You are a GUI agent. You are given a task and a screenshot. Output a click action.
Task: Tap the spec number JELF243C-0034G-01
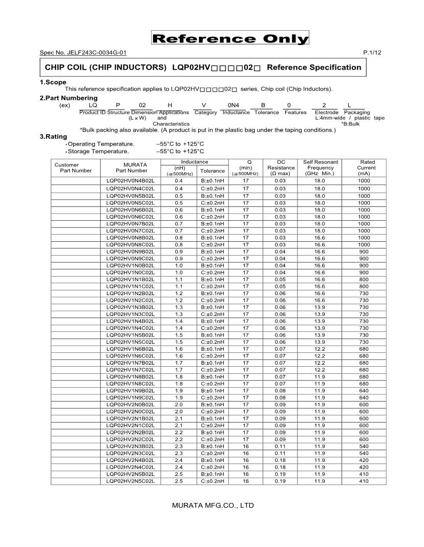coord(83,53)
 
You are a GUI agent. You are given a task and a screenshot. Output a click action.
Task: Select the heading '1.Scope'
coord(53,82)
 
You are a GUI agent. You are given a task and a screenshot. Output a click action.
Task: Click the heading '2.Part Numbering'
coord(69,98)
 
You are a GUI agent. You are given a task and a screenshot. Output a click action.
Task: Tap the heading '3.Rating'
coord(53,137)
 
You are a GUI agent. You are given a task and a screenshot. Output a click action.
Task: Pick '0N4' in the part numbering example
coord(234,105)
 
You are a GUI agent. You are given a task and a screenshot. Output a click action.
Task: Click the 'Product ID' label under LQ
coord(92,112)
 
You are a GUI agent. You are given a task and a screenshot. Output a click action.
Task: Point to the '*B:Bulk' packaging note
coord(351,124)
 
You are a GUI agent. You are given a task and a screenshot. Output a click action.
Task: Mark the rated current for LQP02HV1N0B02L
coord(364,265)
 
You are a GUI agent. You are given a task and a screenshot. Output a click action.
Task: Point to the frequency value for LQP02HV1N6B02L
coord(320,349)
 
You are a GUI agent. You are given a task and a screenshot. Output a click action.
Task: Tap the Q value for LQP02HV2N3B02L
coord(246,446)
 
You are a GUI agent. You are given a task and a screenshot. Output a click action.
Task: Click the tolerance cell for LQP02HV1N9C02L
coord(213,397)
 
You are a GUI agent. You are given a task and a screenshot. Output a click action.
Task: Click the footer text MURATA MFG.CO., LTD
coord(213,506)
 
